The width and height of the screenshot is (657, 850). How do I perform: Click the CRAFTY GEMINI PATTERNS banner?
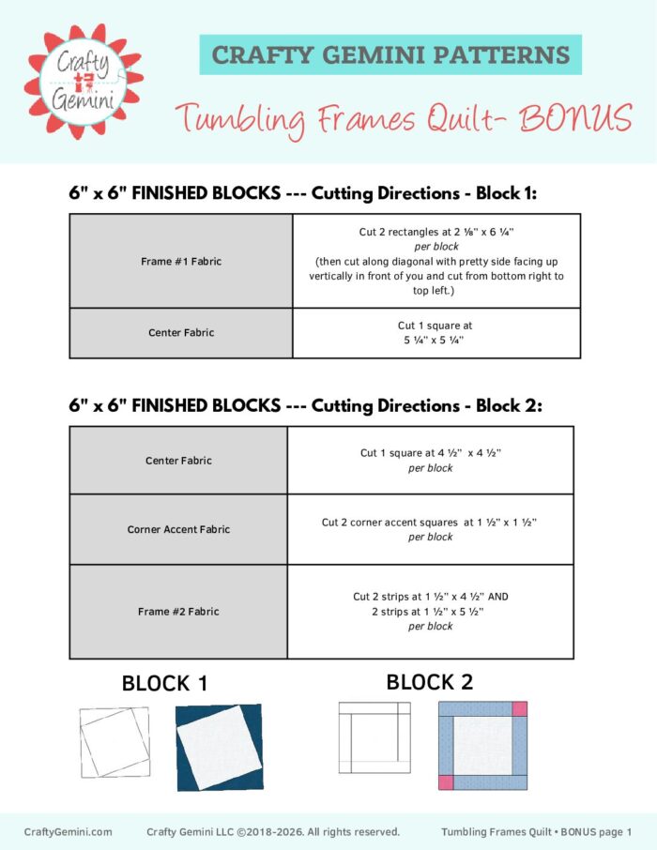pos(390,54)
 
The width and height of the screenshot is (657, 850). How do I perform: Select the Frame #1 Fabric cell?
pos(181,261)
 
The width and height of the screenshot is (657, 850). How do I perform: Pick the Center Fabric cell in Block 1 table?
pos(181,333)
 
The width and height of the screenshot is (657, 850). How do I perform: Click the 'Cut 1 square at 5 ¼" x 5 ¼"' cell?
pos(436,333)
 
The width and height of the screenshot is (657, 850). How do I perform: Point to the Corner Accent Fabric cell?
pos(178,529)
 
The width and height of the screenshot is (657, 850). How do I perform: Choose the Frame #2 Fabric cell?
pos(178,612)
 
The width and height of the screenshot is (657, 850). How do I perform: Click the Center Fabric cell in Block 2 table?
pos(178,461)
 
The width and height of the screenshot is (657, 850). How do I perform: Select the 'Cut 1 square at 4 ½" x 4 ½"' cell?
pos(430,460)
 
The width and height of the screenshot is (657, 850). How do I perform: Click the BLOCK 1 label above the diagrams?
pos(164,685)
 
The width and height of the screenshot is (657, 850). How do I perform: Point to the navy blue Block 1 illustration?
pos(220,747)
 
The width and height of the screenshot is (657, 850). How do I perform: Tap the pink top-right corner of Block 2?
pos(519,708)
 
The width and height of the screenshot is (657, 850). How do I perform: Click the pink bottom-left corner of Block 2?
pos(446,782)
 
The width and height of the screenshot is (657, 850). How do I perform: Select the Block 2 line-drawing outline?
pos(374,737)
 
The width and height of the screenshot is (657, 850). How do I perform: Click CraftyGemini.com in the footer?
pos(68,832)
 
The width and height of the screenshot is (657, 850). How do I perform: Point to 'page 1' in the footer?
pos(616,832)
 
